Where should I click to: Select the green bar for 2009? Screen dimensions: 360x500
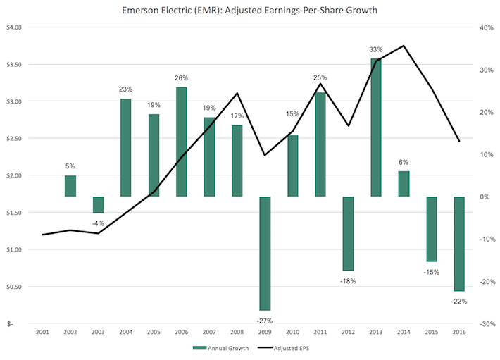(x=266, y=253)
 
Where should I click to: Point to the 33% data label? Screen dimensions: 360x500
(x=376, y=50)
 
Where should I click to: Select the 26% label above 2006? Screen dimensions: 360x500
(x=182, y=78)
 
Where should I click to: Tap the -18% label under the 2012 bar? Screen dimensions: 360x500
(x=348, y=280)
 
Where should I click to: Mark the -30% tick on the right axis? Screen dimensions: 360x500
(x=486, y=324)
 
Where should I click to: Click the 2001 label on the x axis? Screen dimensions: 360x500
(x=42, y=332)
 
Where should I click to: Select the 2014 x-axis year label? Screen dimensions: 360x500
(x=404, y=332)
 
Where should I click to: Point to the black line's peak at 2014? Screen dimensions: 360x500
(x=404, y=46)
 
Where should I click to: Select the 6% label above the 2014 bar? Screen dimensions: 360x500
(x=404, y=163)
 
